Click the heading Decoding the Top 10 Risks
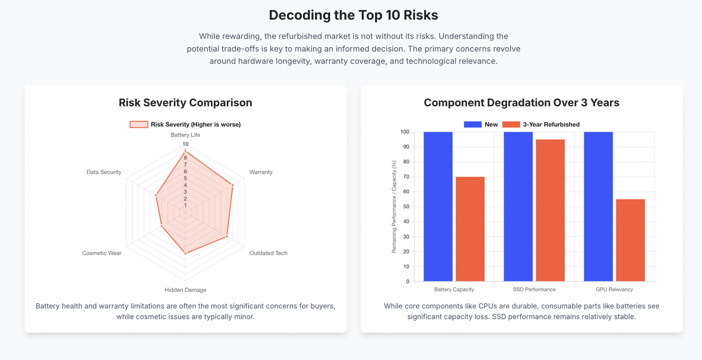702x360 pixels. [x=353, y=15]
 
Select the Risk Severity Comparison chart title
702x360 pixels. [x=185, y=103]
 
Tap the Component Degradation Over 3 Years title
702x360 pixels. [x=521, y=103]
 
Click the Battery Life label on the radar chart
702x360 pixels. [x=185, y=135]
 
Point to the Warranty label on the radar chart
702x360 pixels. [x=261, y=172]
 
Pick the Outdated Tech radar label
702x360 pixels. [x=268, y=253]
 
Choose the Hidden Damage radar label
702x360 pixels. [x=185, y=290]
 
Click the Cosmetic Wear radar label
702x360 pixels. [x=101, y=253]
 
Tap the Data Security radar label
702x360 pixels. [x=104, y=172]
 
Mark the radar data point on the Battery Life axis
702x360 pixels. [x=185, y=151]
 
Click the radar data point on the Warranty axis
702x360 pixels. [x=233, y=185]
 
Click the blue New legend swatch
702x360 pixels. [x=472, y=125]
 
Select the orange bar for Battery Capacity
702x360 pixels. [x=470, y=229]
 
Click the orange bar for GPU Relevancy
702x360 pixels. [x=630, y=240]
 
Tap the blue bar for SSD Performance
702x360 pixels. [x=518, y=206]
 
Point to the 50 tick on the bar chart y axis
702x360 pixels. [x=405, y=207]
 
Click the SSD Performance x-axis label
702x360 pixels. [x=534, y=289]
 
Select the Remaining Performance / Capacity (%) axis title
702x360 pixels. [x=394, y=206]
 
